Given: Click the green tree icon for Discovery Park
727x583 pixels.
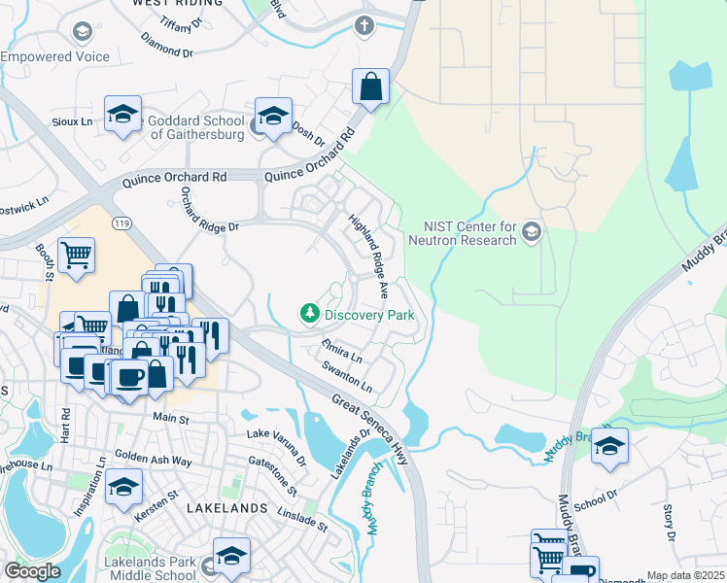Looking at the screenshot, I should (309, 314).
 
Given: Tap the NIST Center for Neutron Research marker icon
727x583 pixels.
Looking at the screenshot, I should (531, 231).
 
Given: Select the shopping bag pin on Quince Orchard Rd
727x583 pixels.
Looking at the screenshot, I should (370, 86).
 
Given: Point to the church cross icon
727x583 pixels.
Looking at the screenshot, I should (364, 25).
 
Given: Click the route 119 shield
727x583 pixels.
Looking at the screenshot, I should (121, 223).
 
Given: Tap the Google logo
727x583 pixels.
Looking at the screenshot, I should (32, 571).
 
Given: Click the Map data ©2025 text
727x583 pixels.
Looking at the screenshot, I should (685, 575).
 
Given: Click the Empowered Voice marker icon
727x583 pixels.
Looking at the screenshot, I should (82, 32).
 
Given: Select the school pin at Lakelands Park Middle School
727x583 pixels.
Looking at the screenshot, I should (231, 556).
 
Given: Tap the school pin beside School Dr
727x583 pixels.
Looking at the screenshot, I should (608, 446).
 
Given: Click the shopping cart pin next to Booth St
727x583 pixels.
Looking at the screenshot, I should (76, 256).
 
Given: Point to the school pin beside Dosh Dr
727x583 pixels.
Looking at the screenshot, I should (274, 115).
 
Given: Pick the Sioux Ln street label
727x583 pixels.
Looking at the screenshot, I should (73, 121).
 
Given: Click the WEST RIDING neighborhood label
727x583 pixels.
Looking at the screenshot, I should (173, 4).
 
